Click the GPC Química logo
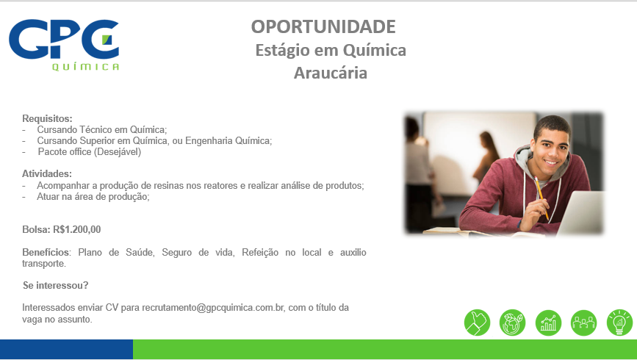[64, 45]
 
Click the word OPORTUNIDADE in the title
[323, 27]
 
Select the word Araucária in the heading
[331, 73]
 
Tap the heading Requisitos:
[47, 118]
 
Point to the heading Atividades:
[47, 174]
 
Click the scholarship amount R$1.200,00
[77, 229]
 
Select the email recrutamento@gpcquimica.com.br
[213, 308]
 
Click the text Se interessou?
[56, 286]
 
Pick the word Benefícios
[46, 252]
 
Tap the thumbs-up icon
[477, 323]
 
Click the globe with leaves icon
[512, 323]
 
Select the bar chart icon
[548, 323]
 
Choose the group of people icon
[584, 323]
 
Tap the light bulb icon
[619, 323]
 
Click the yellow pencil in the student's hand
[541, 198]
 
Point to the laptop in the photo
[581, 213]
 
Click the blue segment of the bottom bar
[66, 349]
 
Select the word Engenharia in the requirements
[208, 141]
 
